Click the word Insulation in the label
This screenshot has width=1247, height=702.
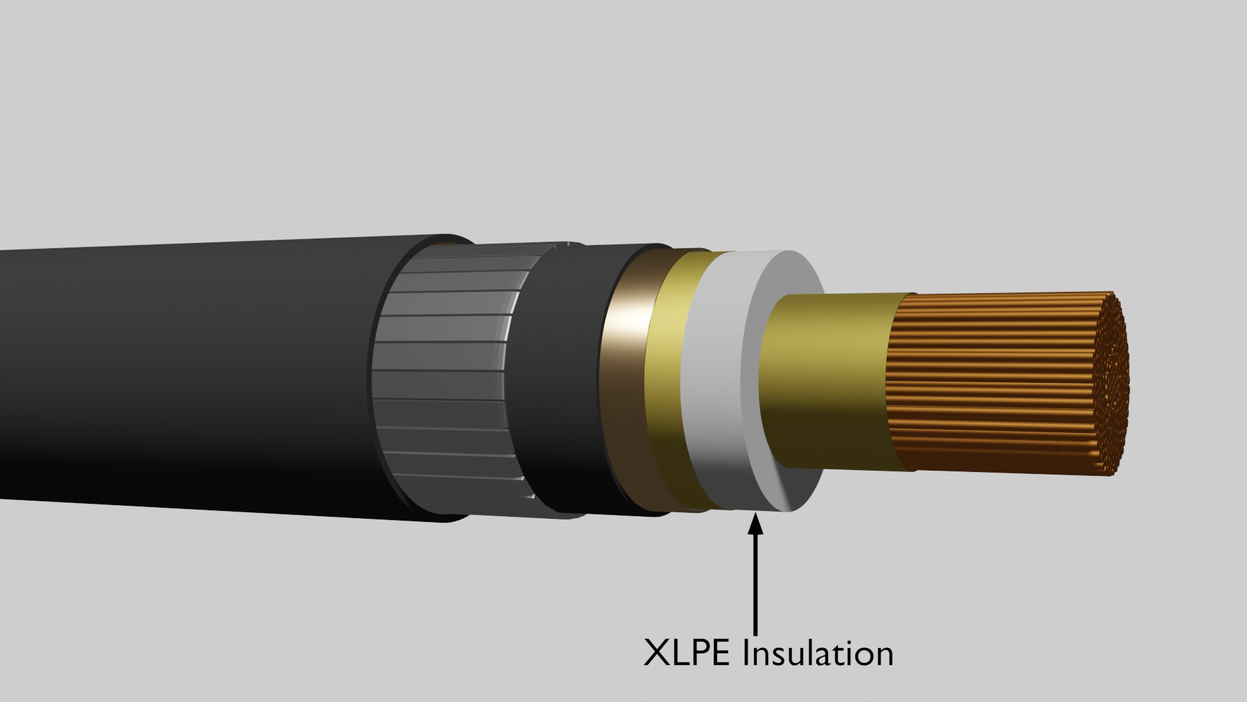818,653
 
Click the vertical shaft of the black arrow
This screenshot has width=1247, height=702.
755,585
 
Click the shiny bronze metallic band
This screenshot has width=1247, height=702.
627,390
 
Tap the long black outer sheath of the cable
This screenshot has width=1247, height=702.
195,377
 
